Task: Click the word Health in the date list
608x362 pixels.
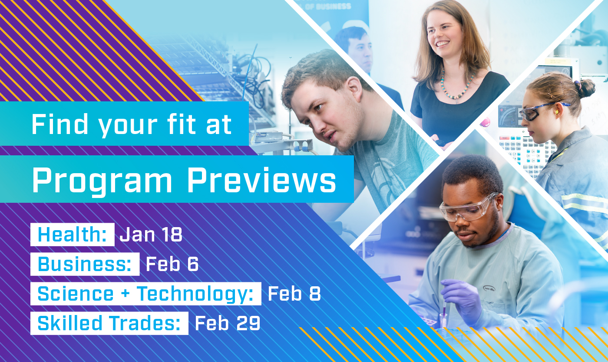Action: [69, 235]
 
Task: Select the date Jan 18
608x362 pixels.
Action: [151, 235]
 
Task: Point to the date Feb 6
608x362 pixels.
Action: [172, 264]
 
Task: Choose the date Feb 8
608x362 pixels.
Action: [294, 294]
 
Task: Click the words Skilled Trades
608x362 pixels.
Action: [109, 323]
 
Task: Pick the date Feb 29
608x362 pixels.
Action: [227, 323]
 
